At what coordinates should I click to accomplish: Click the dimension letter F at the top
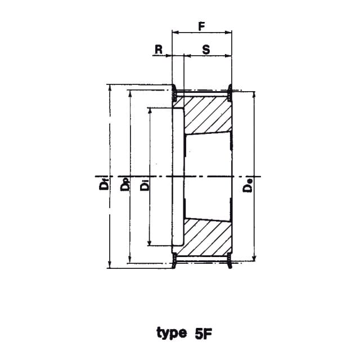201,26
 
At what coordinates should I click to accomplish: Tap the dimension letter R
159,49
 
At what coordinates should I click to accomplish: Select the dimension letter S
206,49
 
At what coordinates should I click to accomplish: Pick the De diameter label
247,186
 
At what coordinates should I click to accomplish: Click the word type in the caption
172,333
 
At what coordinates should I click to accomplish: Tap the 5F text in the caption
203,334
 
